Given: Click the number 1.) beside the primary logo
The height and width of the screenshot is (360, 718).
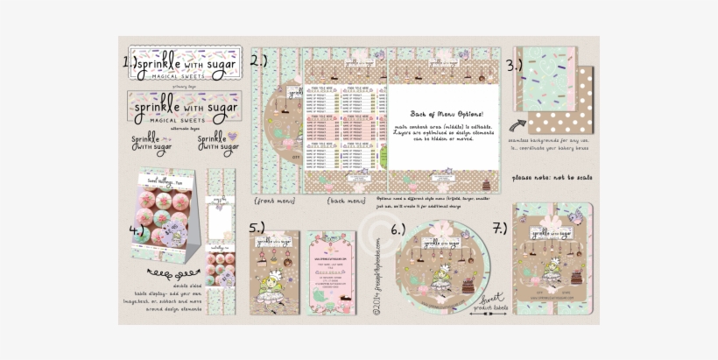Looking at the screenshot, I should pos(129,63).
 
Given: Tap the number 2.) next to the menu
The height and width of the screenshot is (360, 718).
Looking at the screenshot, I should pos(259,60).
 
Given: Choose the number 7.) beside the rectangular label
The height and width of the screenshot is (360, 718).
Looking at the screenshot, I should pos(499,229).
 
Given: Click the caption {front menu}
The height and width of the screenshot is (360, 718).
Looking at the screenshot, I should pos(272,201).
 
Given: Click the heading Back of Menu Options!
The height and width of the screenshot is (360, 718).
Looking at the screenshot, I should pos(445,114).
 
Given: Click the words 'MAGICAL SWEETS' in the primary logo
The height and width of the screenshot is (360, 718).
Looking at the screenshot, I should pos(172,77).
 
